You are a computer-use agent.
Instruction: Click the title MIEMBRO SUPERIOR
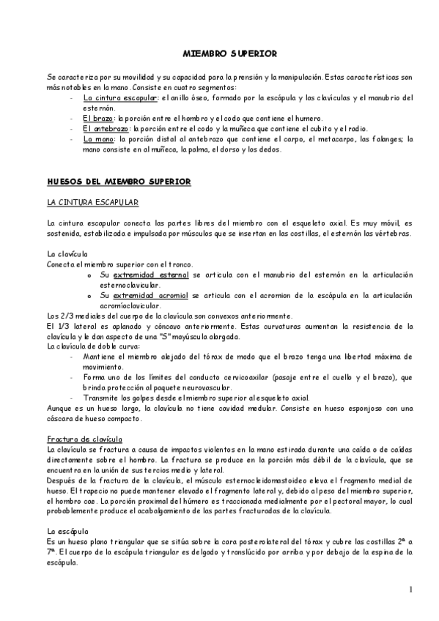tap(218, 53)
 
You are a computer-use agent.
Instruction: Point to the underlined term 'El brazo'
tap(98, 118)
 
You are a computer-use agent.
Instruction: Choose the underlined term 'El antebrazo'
tap(106, 128)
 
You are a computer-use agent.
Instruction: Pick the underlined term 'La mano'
tap(98, 138)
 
